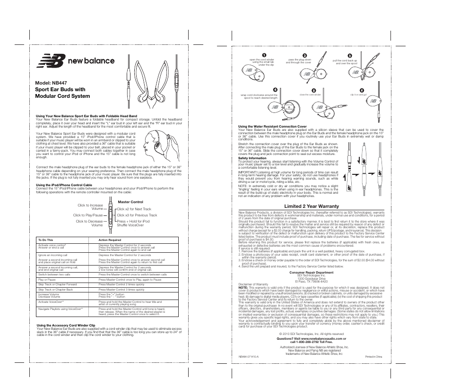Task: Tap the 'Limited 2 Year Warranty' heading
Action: pyautogui.click(x=312, y=206)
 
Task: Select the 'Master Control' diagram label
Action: pyautogui.click(x=130, y=202)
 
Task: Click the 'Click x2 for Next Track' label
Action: pyautogui.click(x=134, y=209)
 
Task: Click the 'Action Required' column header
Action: pyautogui.click(x=110, y=240)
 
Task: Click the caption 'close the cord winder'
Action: pyautogui.click(x=310, y=94)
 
